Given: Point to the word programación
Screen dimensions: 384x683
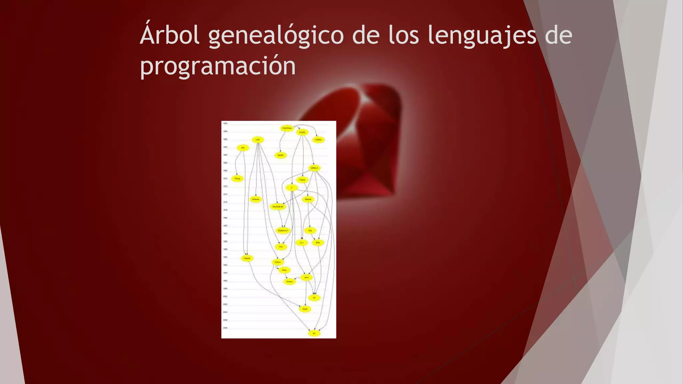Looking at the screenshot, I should pos(218,66).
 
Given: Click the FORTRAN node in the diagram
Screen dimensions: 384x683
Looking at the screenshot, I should pos(287,128).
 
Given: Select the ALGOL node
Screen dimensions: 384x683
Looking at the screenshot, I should pos(302,132).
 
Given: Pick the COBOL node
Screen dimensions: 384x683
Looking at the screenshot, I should pos(318,140).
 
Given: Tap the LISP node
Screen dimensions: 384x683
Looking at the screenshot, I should pos(257,140).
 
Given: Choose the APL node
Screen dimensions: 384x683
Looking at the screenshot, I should pos(243,148).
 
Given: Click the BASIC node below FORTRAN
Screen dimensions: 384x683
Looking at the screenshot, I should pos(280,155).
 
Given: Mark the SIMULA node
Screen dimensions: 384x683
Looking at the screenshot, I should pos(314,168).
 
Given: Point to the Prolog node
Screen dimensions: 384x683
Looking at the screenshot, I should pos(237,179).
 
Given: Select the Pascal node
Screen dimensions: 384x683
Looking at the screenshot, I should pos(302,180).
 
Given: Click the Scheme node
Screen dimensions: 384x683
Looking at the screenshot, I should pos(256,199).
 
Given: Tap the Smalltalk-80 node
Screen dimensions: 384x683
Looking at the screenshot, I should pos(277,207).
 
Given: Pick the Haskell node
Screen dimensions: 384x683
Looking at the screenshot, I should pos(247,258).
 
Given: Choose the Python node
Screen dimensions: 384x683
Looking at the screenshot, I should pos(277,262).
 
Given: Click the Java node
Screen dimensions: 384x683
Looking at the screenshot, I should pos(306,277).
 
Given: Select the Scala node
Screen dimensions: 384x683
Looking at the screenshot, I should pos(305,309).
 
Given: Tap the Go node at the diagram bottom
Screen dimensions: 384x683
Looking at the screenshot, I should pos(314,333).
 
